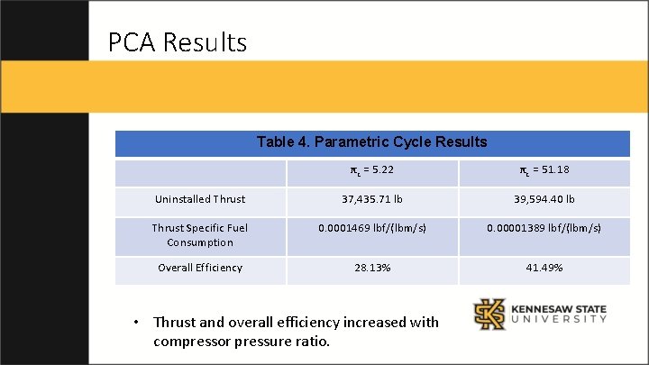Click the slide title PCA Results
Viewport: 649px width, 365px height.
[177, 42]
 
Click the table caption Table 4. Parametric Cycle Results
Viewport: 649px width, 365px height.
[371, 142]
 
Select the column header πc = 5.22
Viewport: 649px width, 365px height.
[371, 171]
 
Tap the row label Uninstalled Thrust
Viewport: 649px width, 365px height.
[199, 199]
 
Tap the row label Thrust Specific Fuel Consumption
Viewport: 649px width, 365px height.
[199, 234]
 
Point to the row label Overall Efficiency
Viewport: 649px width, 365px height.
[199, 268]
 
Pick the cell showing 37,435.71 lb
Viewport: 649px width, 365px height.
[371, 199]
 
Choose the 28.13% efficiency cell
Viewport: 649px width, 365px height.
[371, 268]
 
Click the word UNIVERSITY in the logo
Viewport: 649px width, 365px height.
[558, 322]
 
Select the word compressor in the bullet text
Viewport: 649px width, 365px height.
[195, 342]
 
